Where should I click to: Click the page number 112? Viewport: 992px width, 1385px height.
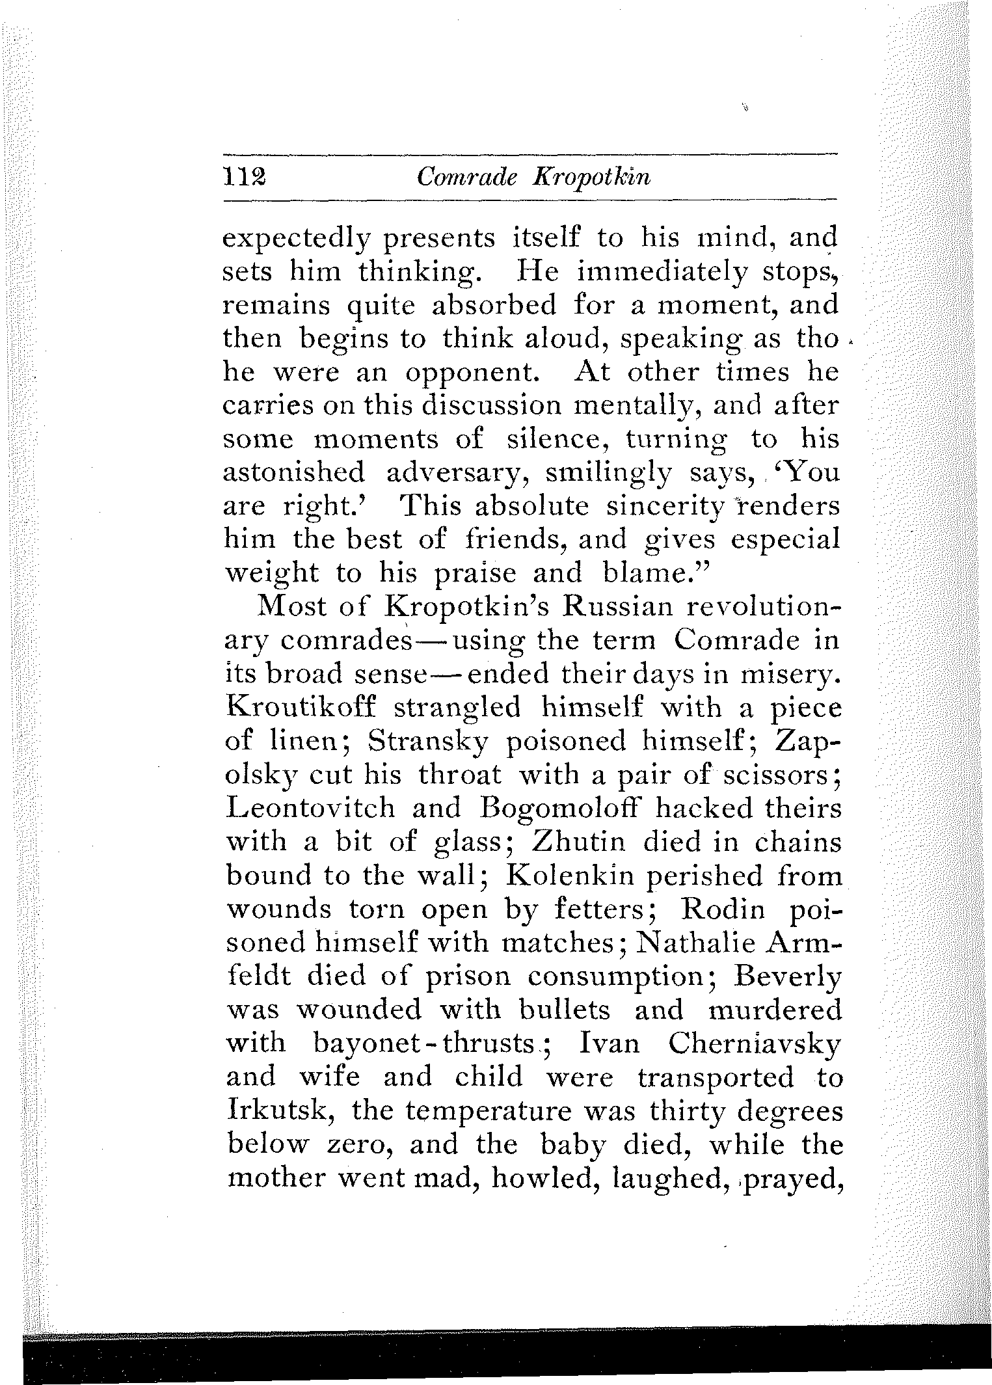(242, 177)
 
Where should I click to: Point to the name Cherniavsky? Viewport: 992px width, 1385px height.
(755, 1043)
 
